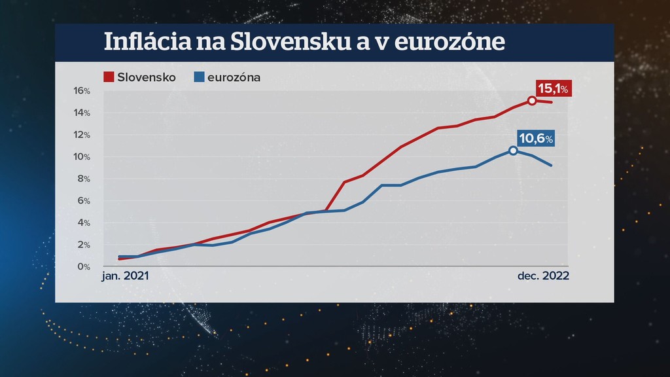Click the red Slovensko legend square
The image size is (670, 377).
click(x=109, y=77)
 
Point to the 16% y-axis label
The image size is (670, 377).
click(x=82, y=91)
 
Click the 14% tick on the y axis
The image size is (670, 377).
click(x=82, y=113)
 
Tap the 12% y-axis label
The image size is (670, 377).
click(x=82, y=135)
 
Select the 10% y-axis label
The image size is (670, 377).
click(x=82, y=157)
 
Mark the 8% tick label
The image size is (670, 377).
click(x=83, y=179)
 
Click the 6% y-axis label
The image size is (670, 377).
click(x=83, y=201)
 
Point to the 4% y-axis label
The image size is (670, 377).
click(x=83, y=223)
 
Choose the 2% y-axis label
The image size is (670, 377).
click(x=83, y=245)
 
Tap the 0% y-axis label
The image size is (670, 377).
click(x=83, y=267)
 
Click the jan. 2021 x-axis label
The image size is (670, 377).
click(x=126, y=276)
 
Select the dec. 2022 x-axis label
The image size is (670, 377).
click(x=543, y=276)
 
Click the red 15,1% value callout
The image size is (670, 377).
click(x=554, y=88)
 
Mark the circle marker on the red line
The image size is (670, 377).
click(x=532, y=101)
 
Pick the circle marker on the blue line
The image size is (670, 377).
click(x=513, y=151)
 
